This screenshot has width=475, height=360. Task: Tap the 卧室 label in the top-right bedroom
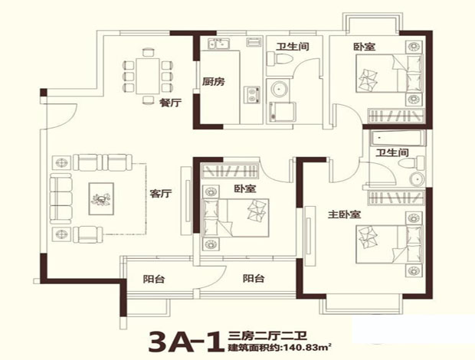click(x=364, y=46)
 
